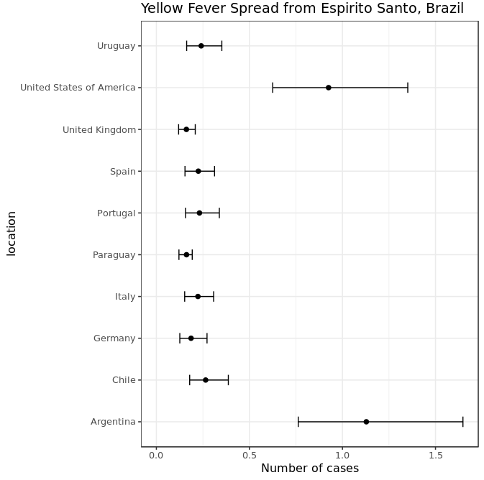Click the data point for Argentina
coord(366,422)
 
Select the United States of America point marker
coord(329,88)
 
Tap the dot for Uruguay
coord(201,46)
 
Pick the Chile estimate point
coord(206,380)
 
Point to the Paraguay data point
coord(186,255)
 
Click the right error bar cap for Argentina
coord(463,422)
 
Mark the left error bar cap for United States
coord(273,88)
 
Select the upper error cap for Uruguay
coord(222,46)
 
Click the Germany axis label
coord(114,338)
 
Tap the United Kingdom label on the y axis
coord(99,130)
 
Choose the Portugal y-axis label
coord(117,213)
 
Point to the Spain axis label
coord(122,172)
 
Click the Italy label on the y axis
coord(125,297)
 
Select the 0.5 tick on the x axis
coord(250,455)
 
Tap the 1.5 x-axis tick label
coord(436,455)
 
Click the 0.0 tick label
coord(156,455)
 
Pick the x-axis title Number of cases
coord(310,469)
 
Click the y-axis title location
coord(12,234)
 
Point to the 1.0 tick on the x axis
coord(342,455)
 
